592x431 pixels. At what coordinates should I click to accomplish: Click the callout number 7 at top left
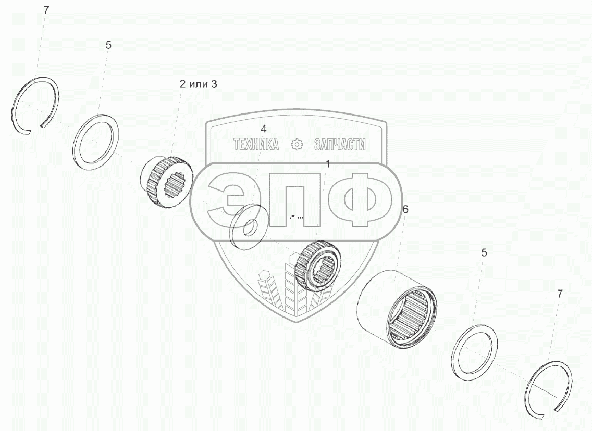[46, 10]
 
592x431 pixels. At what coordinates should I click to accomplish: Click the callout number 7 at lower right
[560, 294]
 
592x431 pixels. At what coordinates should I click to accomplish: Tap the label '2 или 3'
[198, 84]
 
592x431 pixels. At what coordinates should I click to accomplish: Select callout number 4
[264, 129]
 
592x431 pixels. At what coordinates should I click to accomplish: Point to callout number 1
[328, 164]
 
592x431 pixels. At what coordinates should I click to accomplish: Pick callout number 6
[405, 209]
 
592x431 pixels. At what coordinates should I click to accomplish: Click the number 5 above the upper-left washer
[109, 46]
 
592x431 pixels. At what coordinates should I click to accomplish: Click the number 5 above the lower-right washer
[484, 252]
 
